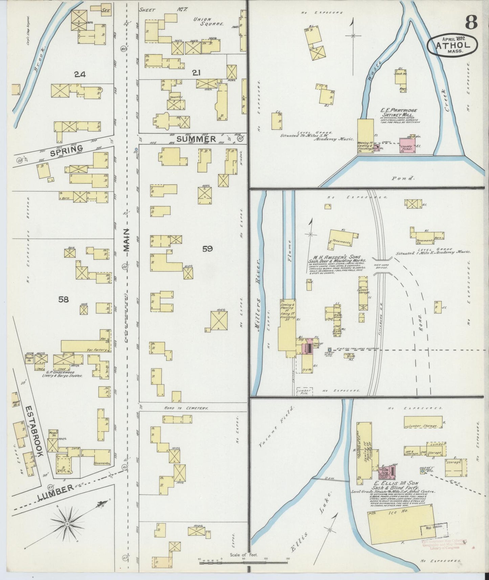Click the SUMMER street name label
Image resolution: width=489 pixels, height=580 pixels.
[x=196, y=139]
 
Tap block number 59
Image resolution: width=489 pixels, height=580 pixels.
[x=207, y=249]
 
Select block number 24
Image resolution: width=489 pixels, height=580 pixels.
[x=80, y=74]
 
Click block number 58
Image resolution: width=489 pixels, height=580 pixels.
[x=63, y=299]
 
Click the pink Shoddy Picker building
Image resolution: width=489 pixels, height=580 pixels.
[x=407, y=146]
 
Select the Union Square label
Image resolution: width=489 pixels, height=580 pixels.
[x=208, y=22]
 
